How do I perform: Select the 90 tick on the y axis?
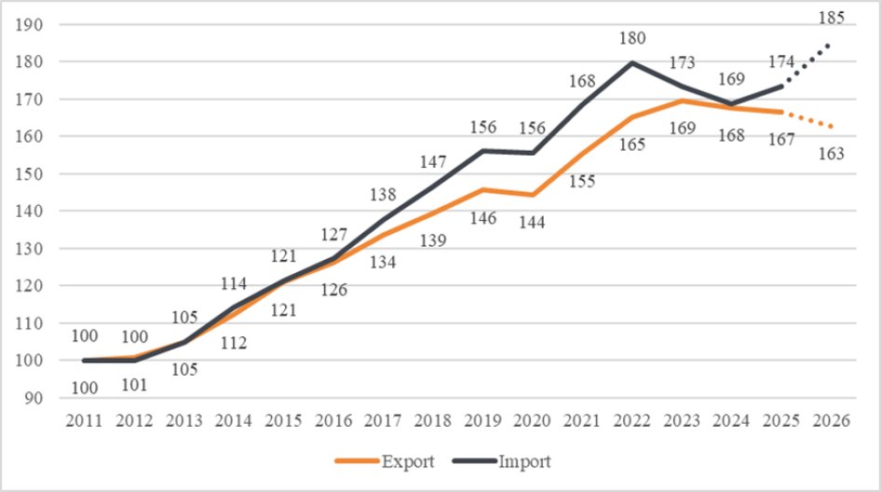coord(35,398)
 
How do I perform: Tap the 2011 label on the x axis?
coord(84,419)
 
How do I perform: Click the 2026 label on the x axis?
coord(831,419)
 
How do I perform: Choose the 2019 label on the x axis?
coord(482,419)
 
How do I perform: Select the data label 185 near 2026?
coord(831,18)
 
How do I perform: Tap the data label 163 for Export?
coord(829,154)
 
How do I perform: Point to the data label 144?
coord(532,224)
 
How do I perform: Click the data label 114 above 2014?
coord(233,283)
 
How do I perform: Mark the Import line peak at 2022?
coord(632,62)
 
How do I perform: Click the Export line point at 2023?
coord(682,101)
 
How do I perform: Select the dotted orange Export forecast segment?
coord(806,119)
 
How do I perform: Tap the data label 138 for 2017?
coord(382,196)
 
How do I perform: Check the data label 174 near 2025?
coord(780,62)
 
